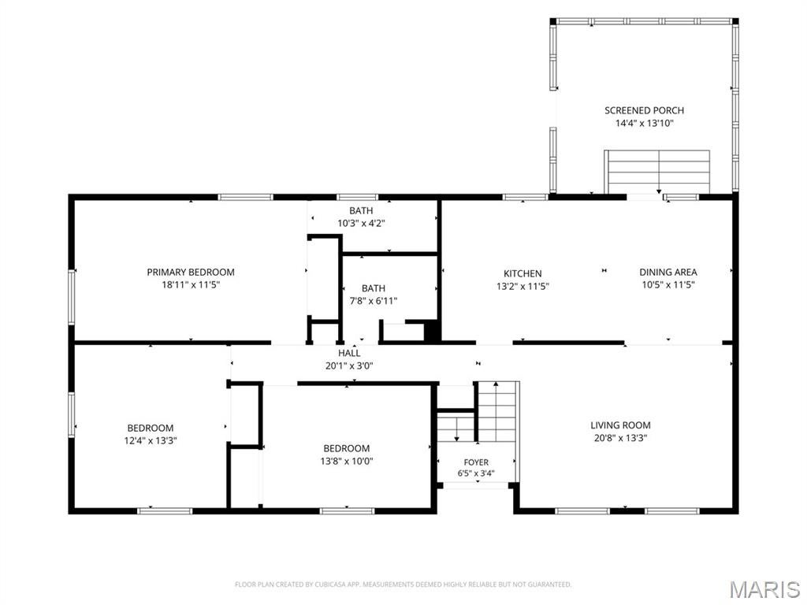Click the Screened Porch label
[644, 110]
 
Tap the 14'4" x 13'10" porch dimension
[645, 123]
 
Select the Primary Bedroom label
[191, 272]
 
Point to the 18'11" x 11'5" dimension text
[191, 284]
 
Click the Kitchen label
[523, 273]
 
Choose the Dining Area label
[668, 272]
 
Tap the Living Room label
[620, 425]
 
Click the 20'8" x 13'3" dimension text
[620, 438]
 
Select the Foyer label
[476, 462]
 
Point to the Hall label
[349, 353]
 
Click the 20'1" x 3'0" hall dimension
[349, 366]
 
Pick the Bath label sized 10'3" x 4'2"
[361, 210]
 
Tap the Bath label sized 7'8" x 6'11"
[373, 288]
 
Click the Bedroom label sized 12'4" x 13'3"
[151, 428]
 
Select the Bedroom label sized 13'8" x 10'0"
[347, 448]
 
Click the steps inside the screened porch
[657, 171]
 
